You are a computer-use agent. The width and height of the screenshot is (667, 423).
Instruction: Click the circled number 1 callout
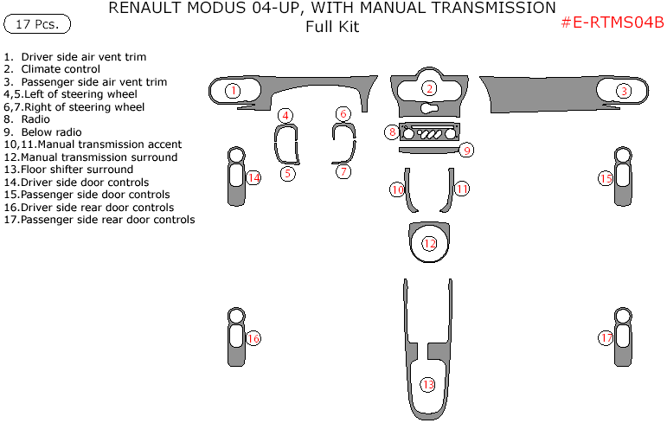click(233, 90)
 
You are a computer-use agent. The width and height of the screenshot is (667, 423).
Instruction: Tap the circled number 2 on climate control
click(429, 88)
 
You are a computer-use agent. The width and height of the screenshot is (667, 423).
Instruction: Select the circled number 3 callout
click(624, 90)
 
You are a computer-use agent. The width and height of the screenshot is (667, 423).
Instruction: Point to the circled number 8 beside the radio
click(393, 132)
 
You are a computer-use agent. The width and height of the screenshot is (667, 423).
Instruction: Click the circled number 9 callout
click(465, 151)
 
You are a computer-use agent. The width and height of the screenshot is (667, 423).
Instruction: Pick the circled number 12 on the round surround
click(430, 244)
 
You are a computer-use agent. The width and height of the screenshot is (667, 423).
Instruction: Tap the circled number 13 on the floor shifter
click(428, 384)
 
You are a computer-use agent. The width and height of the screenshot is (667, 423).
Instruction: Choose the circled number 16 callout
click(253, 338)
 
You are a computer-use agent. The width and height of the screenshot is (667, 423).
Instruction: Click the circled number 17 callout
click(606, 338)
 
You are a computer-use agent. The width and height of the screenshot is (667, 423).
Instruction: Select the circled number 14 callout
click(253, 177)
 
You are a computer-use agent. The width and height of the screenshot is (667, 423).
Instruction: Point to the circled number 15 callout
click(606, 178)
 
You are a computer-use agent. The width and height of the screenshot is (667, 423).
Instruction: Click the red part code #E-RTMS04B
click(612, 23)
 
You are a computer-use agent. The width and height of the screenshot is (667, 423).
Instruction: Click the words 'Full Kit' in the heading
click(332, 27)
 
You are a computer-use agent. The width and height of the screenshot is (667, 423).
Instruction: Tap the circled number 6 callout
click(343, 114)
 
